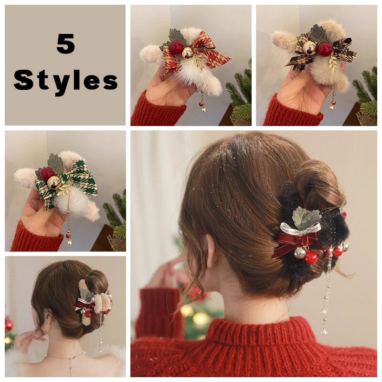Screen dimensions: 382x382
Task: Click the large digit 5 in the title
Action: pyautogui.click(x=65, y=43)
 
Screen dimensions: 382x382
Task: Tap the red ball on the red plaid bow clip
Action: pyautogui.click(x=176, y=47)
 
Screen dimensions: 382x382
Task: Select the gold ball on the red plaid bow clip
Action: pyautogui.click(x=188, y=53)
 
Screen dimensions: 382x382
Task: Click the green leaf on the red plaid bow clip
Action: pyautogui.click(x=177, y=35)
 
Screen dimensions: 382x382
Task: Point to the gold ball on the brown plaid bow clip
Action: pyautogui.click(x=309, y=47)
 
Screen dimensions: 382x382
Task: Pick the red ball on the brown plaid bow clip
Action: pyautogui.click(x=325, y=49)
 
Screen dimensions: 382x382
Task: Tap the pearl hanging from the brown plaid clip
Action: pyautogui.click(x=331, y=107)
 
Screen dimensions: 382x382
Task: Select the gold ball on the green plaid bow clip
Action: pyautogui.click(x=54, y=183)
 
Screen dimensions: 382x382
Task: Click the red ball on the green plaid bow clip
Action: pyautogui.click(x=47, y=173)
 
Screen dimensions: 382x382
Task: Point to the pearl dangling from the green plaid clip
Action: pyautogui.click(x=69, y=243)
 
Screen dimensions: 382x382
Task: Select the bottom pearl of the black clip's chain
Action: pyautogui.click(x=324, y=331)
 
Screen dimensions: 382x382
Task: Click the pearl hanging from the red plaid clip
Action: pyautogui.click(x=204, y=110)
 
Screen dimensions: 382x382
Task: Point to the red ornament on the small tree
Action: pyautogui.click(x=9, y=325)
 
